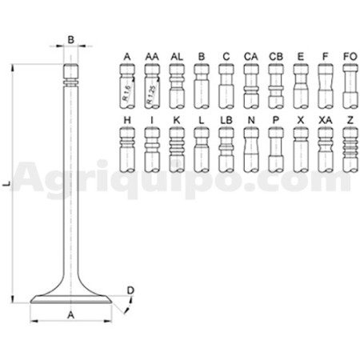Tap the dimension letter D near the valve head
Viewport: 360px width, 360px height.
130,290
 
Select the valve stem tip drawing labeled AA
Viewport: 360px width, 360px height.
152,86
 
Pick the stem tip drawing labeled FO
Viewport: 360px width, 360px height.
350,86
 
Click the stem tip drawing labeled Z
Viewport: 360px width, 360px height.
350,150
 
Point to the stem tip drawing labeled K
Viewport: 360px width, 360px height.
177,150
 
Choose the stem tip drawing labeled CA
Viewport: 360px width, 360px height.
251,86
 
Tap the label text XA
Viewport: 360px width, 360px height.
326,120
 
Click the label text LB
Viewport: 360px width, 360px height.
226,120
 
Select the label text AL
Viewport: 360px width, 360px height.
177,57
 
